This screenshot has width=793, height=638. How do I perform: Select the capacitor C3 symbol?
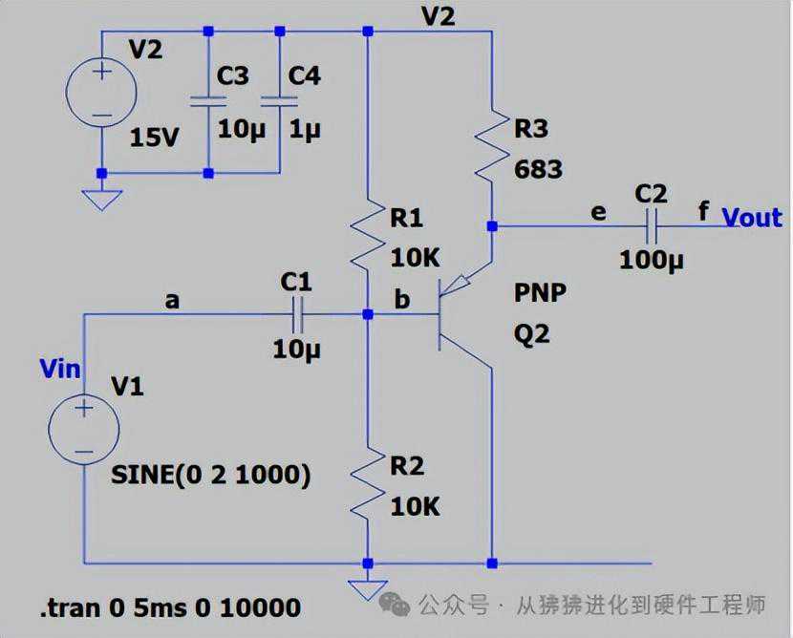point(208,100)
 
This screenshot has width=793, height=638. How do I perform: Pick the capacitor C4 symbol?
point(279,100)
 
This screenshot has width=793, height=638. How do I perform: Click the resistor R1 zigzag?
point(368,239)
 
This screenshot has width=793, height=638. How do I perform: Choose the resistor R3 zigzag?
point(491,145)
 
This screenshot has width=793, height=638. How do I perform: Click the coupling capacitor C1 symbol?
point(296,313)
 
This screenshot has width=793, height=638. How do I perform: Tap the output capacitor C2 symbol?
point(651,227)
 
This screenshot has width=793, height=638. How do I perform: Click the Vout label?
point(752,217)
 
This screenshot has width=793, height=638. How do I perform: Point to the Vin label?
point(59,368)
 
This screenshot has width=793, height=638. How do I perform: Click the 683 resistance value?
point(539,170)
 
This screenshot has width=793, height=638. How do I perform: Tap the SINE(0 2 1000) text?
point(210,475)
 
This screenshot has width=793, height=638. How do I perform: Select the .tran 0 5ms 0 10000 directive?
point(170,607)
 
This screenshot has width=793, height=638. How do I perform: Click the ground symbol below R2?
point(368,586)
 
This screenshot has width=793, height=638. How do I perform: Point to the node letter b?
point(402,299)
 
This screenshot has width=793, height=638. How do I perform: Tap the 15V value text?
point(154,137)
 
